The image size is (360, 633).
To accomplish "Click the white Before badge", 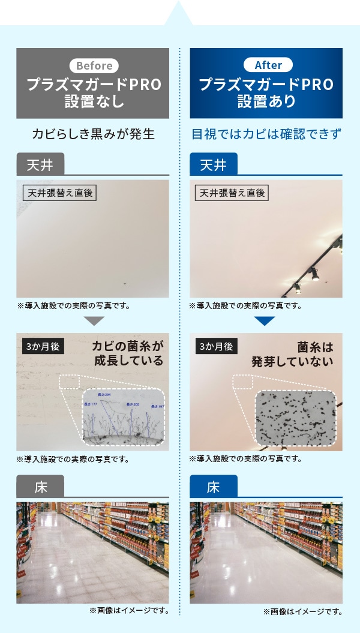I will click(94, 65).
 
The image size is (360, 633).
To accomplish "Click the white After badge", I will click(268, 65).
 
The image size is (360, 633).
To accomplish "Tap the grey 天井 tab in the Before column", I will click(40, 164).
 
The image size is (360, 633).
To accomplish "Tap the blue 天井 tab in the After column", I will click(214, 164).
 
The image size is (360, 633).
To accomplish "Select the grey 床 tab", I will click(40, 487).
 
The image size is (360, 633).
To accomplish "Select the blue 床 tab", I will click(214, 487).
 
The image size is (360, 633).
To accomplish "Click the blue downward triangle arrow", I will click(265, 321).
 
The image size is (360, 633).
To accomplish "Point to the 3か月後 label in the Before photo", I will click(41, 347).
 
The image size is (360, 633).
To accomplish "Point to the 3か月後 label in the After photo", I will click(215, 347).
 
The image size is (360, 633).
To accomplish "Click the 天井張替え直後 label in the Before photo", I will click(59, 193).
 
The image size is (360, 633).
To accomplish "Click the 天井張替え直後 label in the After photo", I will click(232, 193).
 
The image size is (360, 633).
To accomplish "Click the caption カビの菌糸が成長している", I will click(128, 353).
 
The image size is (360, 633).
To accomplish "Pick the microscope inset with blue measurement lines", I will click(123, 418).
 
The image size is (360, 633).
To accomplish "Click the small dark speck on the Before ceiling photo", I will click(125, 283).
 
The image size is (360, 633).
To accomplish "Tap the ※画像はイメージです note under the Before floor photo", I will click(128, 611).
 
